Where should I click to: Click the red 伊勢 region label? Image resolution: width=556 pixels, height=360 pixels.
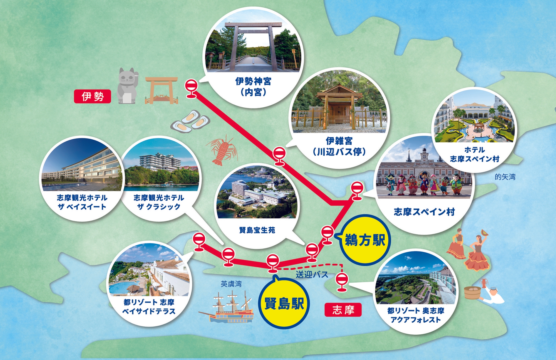point(92,97)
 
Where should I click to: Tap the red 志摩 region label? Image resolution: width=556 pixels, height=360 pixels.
point(343,310)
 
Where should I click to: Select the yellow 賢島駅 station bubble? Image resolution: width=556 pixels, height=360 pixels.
point(284,303)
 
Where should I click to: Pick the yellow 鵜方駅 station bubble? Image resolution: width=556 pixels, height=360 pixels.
point(365,240)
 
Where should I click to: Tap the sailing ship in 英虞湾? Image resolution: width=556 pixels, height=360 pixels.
point(228,309)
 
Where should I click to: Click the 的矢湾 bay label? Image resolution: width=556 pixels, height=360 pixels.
point(505,177)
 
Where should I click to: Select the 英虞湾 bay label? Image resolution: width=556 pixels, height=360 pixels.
point(231,284)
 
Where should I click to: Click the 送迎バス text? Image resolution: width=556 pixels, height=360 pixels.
point(312,275)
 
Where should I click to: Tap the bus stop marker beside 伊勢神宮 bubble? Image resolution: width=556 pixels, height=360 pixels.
point(191,88)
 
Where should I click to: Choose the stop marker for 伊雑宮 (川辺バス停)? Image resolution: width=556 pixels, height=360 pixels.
point(279,156)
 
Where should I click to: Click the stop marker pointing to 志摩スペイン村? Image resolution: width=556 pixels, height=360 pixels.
point(357,190)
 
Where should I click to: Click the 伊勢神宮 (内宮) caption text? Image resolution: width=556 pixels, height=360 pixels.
point(253,87)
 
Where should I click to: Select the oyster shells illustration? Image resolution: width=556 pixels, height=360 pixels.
point(190,122)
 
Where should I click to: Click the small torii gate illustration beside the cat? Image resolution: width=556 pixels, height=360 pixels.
point(161,90)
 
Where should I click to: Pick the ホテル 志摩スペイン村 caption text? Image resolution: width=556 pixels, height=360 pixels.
point(475,154)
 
